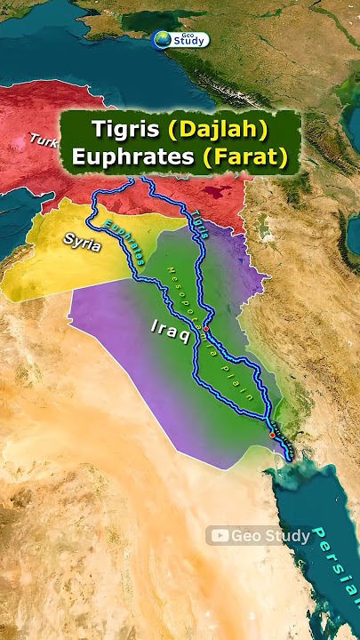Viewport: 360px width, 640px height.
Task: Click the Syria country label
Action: coord(83,239)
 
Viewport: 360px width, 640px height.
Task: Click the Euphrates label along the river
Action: coord(124,242)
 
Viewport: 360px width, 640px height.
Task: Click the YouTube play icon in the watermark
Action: coord(217,535)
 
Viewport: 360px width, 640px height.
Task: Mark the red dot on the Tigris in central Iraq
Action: coord(206,329)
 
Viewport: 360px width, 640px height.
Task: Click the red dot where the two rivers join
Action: coord(272,436)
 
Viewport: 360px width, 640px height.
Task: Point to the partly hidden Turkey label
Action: coord(43,140)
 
